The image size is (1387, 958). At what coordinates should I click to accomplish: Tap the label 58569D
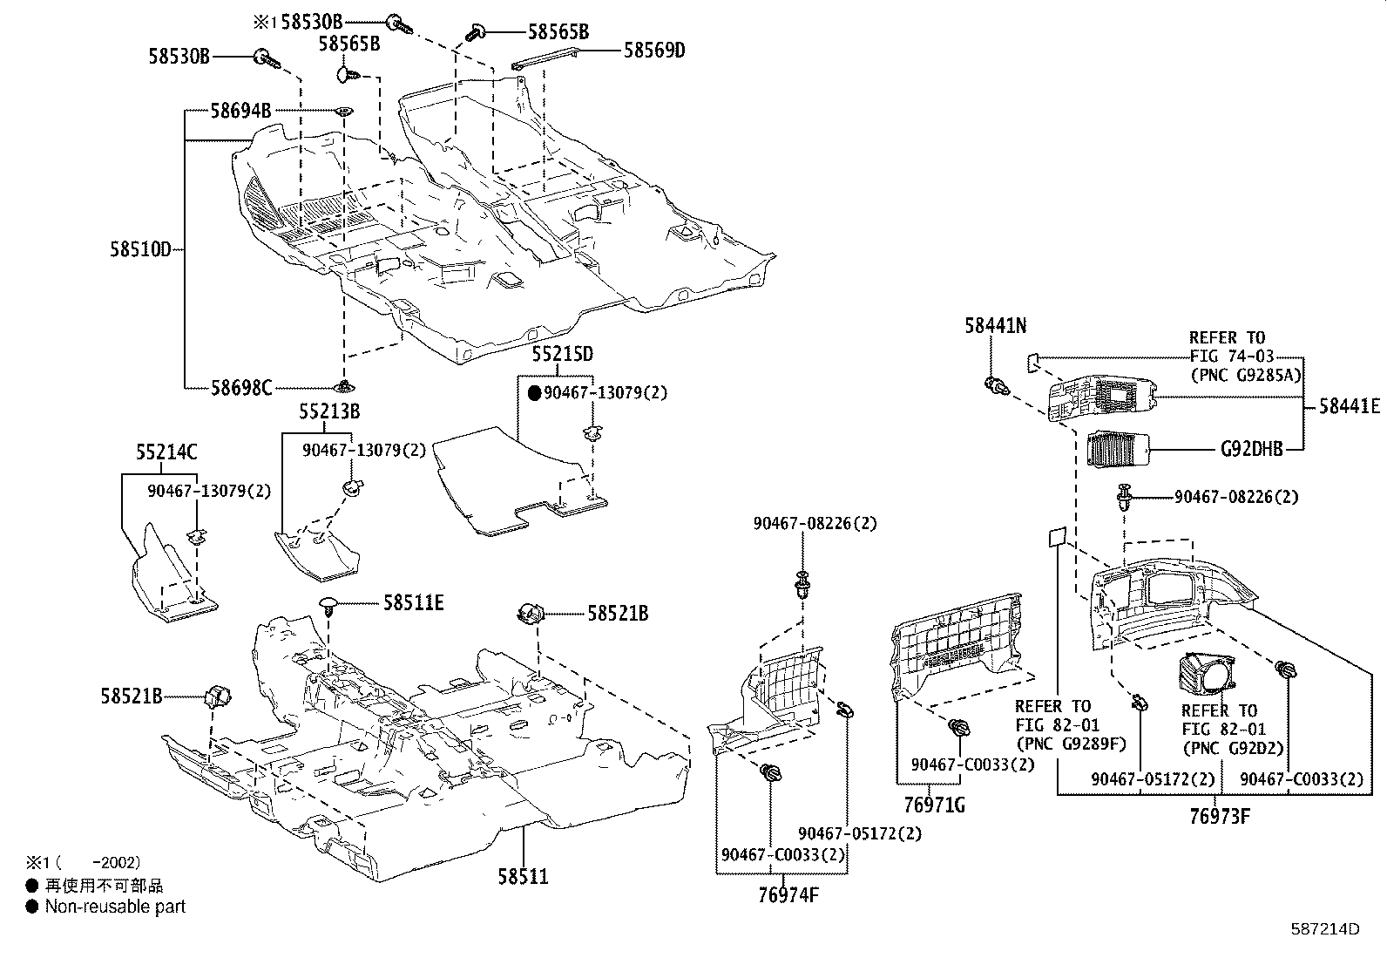pyautogui.click(x=653, y=51)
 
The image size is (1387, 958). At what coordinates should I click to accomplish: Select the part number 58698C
pyautogui.click(x=240, y=387)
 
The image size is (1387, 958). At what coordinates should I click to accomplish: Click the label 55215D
pyautogui.click(x=563, y=354)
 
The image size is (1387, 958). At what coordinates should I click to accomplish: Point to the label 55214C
pyautogui.click(x=166, y=452)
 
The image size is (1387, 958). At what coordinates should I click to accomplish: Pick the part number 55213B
pyautogui.click(x=329, y=411)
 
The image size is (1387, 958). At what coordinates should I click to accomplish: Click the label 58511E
pyautogui.click(x=413, y=602)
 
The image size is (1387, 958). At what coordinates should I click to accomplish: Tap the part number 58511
pyautogui.click(x=523, y=875)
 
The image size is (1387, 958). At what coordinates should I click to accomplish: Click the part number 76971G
pyautogui.click(x=933, y=805)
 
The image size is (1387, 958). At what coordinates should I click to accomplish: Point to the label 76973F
pyautogui.click(x=1220, y=817)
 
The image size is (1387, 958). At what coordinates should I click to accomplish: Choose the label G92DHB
pyautogui.click(x=1252, y=450)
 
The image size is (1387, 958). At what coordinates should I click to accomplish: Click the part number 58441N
pyautogui.click(x=995, y=325)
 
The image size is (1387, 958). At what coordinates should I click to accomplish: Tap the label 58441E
pyautogui.click(x=1349, y=405)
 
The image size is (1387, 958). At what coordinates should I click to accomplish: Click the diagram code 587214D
pyautogui.click(x=1325, y=928)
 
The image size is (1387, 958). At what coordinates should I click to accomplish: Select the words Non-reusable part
pyautogui.click(x=115, y=907)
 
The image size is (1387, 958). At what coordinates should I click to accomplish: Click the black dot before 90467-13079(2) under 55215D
pyautogui.click(x=535, y=393)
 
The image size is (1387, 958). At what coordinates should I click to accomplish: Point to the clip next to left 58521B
pyautogui.click(x=218, y=697)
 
